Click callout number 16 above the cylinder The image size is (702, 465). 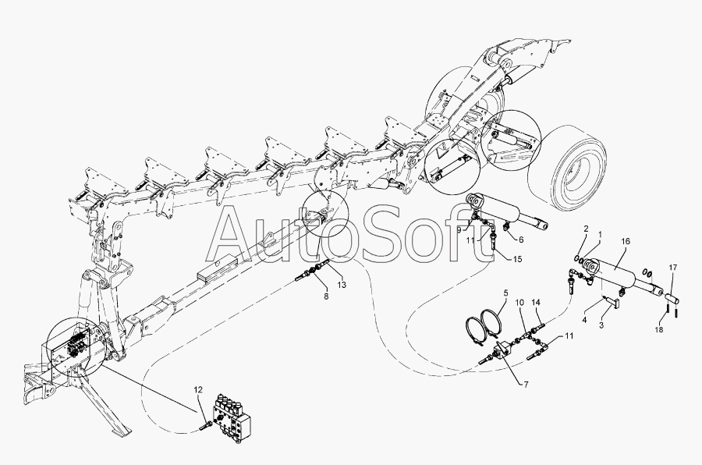point(626,243)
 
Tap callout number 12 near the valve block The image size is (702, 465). point(198,390)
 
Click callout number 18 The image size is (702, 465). point(660,330)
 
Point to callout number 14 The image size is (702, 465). point(536,302)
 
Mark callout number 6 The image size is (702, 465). point(520,240)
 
